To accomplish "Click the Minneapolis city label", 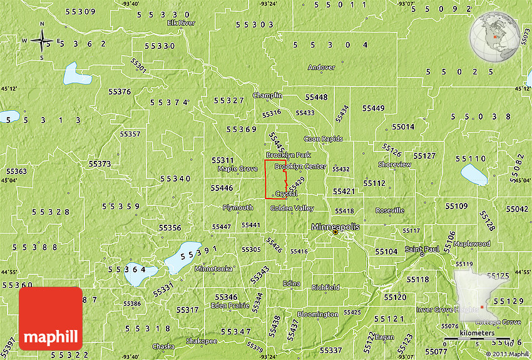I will pyautogui.click(x=335, y=227).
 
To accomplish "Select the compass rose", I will pyautogui.click(x=42, y=41).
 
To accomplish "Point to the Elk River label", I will pyautogui.click(x=182, y=23).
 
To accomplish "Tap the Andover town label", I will pyautogui.click(x=321, y=67).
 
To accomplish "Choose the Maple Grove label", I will pyautogui.click(x=237, y=169).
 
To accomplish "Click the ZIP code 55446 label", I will pyautogui.click(x=222, y=188).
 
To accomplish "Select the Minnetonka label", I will pyautogui.click(x=213, y=269).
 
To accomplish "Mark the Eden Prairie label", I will pyautogui.click(x=230, y=306).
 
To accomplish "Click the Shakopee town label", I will pyautogui.click(x=202, y=341).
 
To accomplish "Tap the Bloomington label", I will pyautogui.click(x=317, y=314).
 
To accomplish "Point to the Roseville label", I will pyautogui.click(x=389, y=211).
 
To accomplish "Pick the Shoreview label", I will pyautogui.click(x=394, y=165).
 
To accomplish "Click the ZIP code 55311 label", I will pyautogui.click(x=222, y=160).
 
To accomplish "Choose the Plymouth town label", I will pyautogui.click(x=238, y=207).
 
